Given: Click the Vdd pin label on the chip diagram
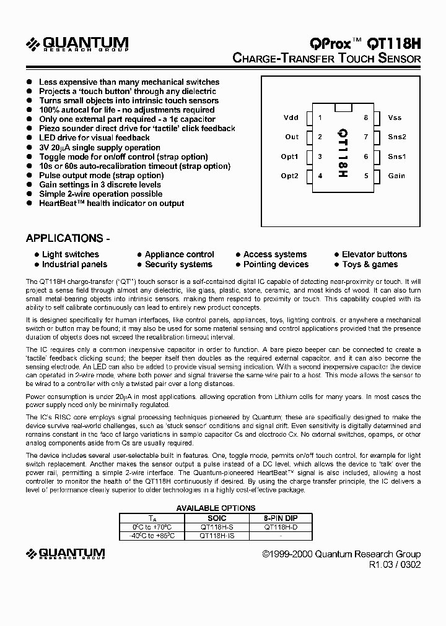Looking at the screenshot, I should tap(291, 118).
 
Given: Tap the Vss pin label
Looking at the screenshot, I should tap(395, 118).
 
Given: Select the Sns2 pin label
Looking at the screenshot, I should tap(397, 137).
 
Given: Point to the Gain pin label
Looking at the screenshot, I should tap(396, 176).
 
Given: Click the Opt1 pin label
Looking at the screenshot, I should tap(289, 156).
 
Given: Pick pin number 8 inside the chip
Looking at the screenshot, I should tap(366, 118).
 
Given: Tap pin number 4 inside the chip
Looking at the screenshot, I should tap(320, 176).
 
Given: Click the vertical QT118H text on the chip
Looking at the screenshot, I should tap(343, 153).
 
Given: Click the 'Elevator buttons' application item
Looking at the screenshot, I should tap(374, 254).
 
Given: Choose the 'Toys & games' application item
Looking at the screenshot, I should tap(370, 264).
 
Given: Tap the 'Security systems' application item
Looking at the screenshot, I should tap(178, 264).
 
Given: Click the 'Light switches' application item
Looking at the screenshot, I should tap(70, 254).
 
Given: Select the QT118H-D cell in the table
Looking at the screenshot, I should tap(280, 527).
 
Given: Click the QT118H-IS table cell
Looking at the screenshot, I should tap(217, 535).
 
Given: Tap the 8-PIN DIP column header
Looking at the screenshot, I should tap(280, 518).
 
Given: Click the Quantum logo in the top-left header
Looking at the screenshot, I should tap(77, 44).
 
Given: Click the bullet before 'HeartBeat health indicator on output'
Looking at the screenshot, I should tap(29, 204).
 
